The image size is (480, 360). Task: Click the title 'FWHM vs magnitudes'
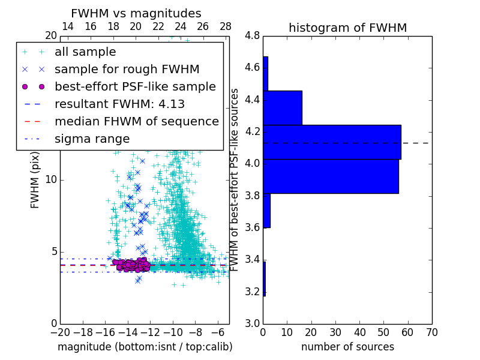136,13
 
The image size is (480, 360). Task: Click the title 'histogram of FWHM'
347,28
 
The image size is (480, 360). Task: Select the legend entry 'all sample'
85,52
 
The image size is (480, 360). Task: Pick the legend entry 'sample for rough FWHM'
127,69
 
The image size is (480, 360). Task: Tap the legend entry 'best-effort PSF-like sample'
135,86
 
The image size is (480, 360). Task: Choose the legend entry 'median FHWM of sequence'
136,121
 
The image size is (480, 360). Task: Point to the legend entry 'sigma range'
92,139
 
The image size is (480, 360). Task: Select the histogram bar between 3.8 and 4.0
331,176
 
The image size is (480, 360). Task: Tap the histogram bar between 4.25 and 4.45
282,108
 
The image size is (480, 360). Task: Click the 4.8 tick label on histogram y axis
252,35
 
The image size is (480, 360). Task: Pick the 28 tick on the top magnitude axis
226,26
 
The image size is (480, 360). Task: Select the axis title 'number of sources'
347,347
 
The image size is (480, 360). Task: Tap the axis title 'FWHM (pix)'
35,180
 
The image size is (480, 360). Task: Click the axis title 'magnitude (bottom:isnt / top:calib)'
145,347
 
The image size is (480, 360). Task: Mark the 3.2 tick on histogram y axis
252,292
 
